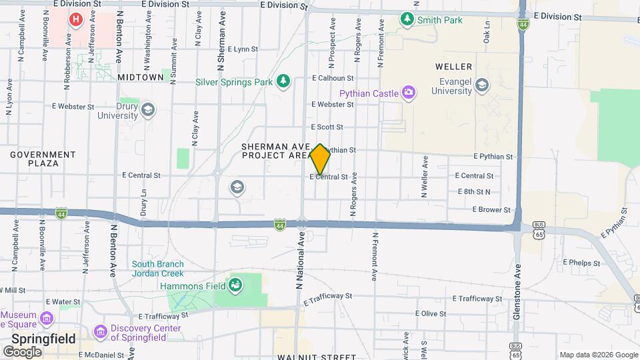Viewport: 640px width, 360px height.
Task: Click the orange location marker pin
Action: [320, 159]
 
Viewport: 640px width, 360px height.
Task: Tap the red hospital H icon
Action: [76, 19]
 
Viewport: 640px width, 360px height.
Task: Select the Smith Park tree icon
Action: [407, 19]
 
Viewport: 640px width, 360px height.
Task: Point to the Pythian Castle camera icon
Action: [409, 93]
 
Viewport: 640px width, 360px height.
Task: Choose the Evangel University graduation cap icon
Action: [482, 85]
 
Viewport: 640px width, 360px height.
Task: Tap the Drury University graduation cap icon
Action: [147, 109]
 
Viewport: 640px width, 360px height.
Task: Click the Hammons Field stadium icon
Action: [235, 286]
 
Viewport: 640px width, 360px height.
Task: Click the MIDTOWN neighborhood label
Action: [141, 77]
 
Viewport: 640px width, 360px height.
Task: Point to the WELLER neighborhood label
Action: [453, 67]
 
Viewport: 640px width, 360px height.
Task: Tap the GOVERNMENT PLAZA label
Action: [43, 159]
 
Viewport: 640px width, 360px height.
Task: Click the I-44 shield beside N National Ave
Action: [280, 225]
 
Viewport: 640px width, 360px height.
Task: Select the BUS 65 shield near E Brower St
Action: [538, 228]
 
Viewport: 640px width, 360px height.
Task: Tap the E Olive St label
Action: [431, 313]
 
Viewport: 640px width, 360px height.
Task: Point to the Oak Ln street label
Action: [487, 37]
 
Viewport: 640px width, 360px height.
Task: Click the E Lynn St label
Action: [243, 49]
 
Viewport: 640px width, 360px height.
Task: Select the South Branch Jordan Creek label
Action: [157, 269]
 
